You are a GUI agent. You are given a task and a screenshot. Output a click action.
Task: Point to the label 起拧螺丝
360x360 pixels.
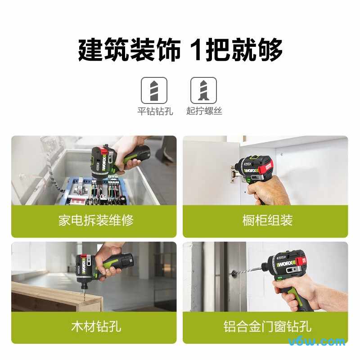204,111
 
